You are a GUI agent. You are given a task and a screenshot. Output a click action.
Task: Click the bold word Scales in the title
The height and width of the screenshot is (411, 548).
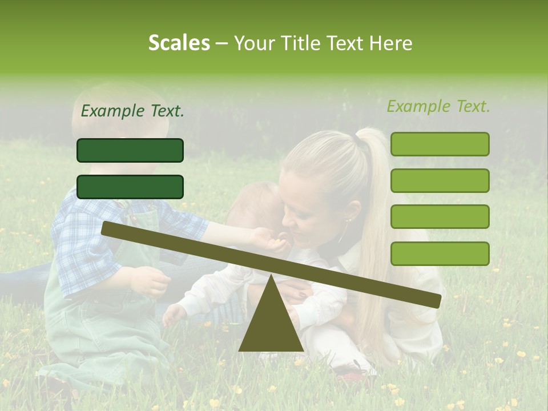[179, 43]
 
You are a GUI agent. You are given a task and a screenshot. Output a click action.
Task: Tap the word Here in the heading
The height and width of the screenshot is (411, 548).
[390, 43]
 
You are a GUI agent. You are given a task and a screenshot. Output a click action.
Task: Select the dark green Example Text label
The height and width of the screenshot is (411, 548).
[132, 111]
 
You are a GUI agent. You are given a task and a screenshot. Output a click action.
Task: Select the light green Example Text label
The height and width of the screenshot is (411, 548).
[438, 106]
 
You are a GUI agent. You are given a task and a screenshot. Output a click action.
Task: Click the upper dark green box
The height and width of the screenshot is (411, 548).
[130, 150]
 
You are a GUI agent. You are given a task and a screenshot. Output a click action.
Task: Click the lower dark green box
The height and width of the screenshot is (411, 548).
[130, 187]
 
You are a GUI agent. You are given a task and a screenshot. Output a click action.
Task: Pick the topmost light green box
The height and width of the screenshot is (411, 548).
[440, 144]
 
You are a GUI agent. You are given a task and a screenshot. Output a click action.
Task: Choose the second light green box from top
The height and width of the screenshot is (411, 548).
[440, 180]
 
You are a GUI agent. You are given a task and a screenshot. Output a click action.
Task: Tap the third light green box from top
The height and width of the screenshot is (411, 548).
[440, 217]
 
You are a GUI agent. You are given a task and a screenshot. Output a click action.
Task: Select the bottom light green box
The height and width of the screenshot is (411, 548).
[440, 253]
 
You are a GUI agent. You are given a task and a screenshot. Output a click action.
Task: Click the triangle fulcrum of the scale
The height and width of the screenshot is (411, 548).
[271, 320]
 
